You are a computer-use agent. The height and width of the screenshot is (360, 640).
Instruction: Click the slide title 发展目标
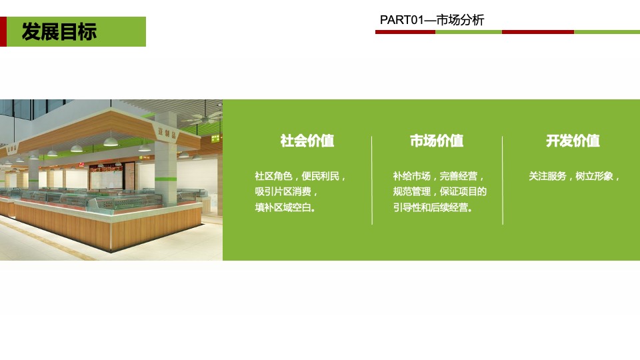(59, 31)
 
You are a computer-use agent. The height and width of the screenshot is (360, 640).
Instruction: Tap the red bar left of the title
(3, 31)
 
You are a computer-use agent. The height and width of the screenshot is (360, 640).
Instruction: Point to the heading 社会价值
(307, 141)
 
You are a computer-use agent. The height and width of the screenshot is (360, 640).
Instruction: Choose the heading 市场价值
(437, 141)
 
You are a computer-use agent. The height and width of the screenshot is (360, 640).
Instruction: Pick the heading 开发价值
(573, 141)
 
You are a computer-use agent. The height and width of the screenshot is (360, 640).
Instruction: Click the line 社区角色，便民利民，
(301, 177)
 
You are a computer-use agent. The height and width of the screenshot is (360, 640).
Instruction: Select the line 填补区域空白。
(286, 207)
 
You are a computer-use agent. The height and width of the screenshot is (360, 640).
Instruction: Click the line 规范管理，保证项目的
(439, 192)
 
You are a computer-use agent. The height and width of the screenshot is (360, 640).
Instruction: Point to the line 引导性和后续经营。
(434, 207)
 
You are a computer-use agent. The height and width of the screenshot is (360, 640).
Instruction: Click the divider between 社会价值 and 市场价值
(372, 180)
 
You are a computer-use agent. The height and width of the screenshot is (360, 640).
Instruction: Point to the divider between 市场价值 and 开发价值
(503, 180)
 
